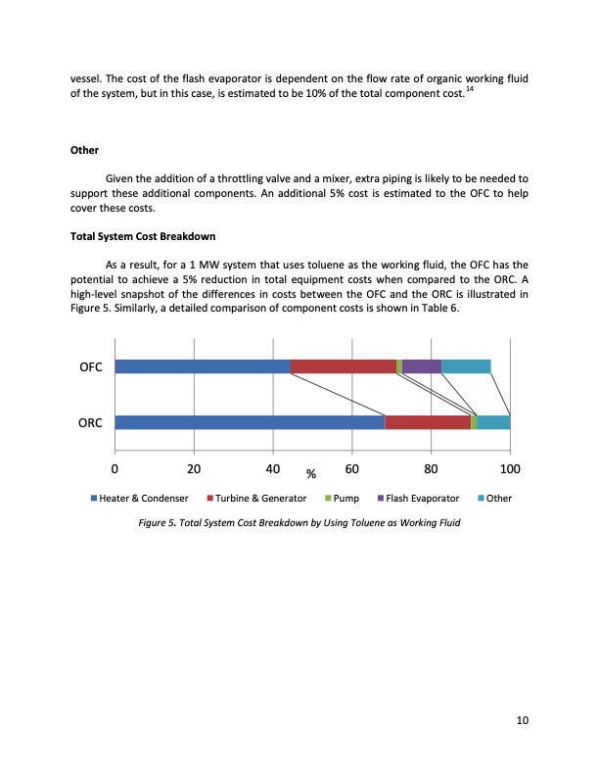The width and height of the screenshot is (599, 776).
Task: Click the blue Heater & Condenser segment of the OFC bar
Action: pos(203,366)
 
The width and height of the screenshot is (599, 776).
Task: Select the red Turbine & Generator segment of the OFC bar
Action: pos(343,366)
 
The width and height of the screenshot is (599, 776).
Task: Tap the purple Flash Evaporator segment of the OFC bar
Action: pos(422,366)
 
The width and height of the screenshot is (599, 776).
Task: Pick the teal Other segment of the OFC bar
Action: pos(466,366)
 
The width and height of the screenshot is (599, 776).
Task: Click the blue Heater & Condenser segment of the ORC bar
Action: pos(250,422)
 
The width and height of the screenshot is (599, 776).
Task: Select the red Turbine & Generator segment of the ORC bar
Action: pos(428,422)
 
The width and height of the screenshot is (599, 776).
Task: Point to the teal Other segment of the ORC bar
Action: pos(493,422)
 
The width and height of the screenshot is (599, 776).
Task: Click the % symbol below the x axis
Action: pos(311,475)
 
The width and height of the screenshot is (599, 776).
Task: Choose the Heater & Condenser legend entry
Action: pos(139,499)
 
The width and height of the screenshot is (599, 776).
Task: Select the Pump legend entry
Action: pos(343,499)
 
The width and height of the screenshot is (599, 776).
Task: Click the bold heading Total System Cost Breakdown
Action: pos(143,237)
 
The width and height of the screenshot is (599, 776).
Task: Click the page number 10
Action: pos(522,722)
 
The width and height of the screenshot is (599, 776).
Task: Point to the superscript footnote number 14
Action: pos(471,89)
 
